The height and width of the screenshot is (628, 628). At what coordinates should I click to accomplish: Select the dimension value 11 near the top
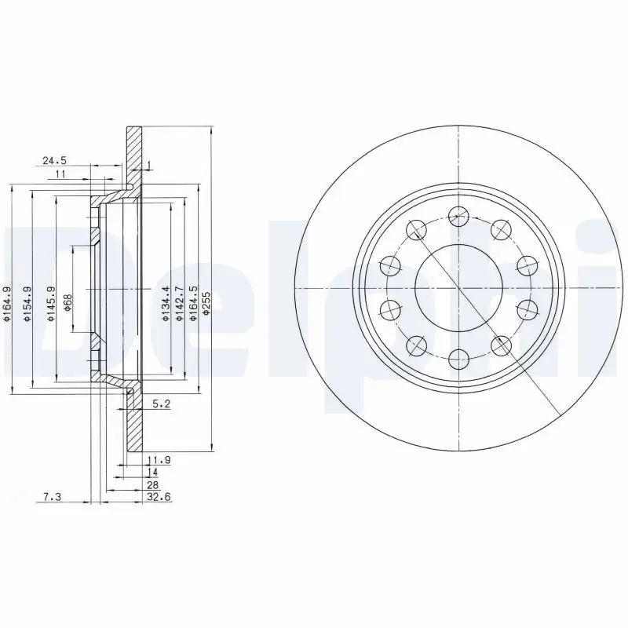[60, 173]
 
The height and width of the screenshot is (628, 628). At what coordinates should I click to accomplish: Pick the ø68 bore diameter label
[68, 302]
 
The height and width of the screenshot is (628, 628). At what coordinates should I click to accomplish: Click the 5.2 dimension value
[160, 405]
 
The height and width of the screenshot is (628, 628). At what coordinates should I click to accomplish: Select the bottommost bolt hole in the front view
[458, 359]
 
